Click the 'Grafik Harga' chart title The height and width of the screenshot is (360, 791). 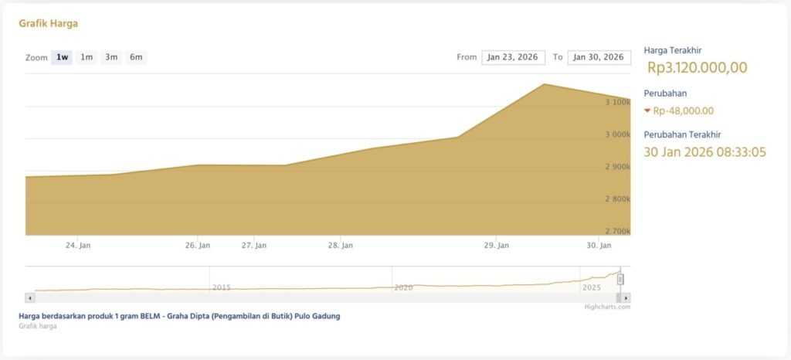(48, 23)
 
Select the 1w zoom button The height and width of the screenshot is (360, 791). (62, 57)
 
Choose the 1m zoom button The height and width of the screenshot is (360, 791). (87, 57)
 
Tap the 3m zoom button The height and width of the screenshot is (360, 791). (111, 57)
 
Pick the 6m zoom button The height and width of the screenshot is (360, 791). (136, 57)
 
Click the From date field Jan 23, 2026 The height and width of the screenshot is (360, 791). (513, 57)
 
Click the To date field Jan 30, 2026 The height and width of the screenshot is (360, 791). (599, 57)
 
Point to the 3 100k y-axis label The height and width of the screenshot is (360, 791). (616, 102)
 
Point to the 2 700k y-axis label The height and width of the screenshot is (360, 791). (616, 231)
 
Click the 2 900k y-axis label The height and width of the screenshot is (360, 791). (616, 167)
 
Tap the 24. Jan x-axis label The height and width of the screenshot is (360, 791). (78, 246)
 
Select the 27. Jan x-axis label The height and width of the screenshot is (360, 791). (254, 246)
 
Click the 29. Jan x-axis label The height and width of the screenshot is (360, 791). (496, 246)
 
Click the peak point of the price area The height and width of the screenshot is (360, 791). (545, 84)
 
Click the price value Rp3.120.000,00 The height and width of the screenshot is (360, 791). (697, 68)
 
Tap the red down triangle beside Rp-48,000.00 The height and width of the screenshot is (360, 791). (647, 110)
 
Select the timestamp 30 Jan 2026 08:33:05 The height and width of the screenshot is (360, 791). (704, 152)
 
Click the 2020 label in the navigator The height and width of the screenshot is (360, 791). (403, 287)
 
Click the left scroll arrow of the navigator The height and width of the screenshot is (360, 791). (30, 297)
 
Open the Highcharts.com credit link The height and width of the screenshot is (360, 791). (607, 307)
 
